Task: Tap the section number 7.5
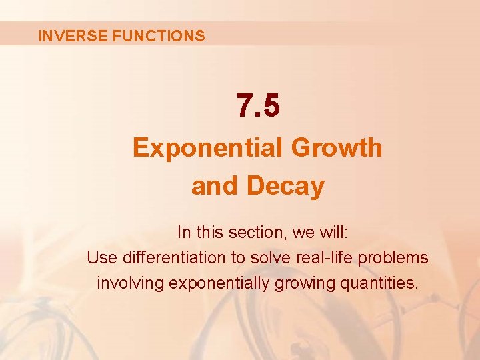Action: [258, 106]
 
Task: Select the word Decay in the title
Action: [285, 186]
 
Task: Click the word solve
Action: [272, 257]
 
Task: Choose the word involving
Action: [130, 283]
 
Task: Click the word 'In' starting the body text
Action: [184, 233]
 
